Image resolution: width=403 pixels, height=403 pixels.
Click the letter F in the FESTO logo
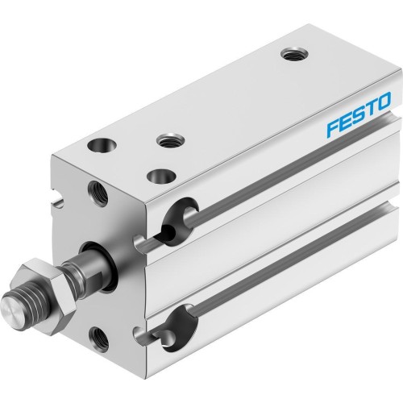tap(330, 127)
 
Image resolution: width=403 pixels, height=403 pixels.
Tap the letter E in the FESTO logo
tap(344, 122)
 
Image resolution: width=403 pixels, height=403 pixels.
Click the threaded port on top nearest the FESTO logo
tap(291, 54)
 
